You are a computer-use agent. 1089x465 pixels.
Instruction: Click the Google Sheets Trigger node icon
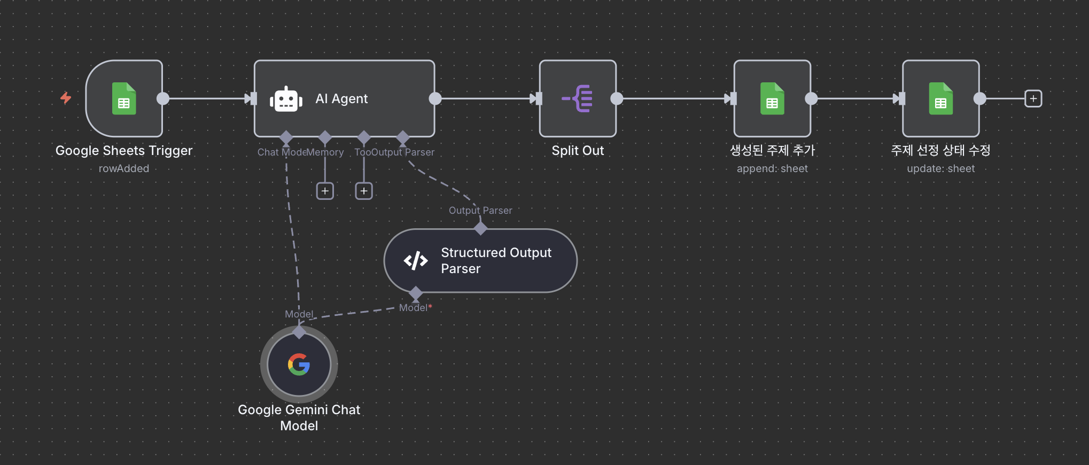124,98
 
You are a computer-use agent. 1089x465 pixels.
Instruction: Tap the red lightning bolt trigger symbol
66,98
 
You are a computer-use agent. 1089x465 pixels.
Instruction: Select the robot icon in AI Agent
286,99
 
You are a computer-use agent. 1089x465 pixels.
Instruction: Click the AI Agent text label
341,99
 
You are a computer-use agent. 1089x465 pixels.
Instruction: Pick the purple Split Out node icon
578,98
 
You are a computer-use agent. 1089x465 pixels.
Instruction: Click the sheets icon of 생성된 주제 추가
772,98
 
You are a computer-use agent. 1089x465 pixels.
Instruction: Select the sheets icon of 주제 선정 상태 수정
940,98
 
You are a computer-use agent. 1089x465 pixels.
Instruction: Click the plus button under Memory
325,191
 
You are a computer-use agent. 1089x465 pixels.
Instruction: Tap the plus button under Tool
364,191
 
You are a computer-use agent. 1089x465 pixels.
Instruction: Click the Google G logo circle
299,365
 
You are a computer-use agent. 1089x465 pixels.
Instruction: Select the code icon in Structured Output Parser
416,261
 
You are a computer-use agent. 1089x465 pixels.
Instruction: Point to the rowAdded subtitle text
124,169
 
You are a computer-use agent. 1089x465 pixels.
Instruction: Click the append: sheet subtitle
772,169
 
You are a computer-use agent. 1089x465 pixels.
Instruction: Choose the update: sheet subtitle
940,169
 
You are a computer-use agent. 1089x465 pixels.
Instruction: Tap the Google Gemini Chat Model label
299,417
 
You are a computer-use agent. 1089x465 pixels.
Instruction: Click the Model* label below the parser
415,308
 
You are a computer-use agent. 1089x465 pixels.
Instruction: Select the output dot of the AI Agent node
435,98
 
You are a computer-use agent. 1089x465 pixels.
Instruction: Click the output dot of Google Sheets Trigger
163,98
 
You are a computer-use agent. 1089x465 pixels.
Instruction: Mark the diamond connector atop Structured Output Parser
480,228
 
